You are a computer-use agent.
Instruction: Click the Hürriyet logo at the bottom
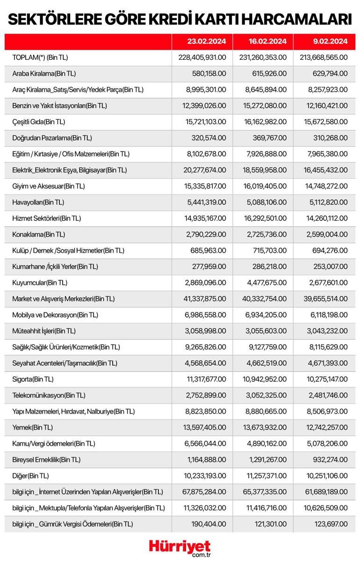[x=180, y=548]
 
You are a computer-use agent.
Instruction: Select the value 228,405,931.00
[x=202, y=57]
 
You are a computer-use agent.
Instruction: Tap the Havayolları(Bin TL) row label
[x=38, y=202]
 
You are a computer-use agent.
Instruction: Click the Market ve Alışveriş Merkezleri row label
[x=64, y=298]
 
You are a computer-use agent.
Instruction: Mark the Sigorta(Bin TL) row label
[x=33, y=379]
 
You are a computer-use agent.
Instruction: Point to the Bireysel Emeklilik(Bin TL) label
[x=45, y=460]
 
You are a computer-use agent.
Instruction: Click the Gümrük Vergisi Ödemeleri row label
[x=72, y=524]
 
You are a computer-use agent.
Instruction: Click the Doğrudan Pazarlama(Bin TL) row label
[x=52, y=138]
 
